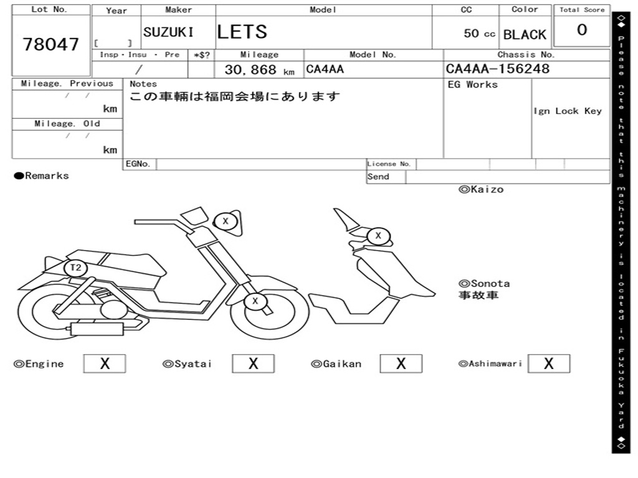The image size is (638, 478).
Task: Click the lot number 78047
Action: (51, 44)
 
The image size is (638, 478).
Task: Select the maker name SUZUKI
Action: (168, 32)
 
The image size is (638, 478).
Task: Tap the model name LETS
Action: (242, 32)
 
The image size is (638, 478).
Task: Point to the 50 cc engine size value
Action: (479, 34)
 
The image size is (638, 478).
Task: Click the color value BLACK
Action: (525, 35)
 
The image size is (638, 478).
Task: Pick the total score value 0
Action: (582, 30)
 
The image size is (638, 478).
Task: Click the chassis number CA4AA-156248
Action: (498, 69)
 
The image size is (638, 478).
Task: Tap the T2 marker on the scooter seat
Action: (75, 268)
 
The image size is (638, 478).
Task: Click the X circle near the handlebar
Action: (226, 221)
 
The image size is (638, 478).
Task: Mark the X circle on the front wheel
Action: (254, 302)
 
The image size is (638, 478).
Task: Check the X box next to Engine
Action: (104, 363)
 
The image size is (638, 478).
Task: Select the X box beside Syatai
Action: (253, 363)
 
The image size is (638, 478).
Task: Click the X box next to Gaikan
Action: (401, 363)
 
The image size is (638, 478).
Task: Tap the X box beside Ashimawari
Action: (548, 363)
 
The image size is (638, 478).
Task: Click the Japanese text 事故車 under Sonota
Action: (478, 295)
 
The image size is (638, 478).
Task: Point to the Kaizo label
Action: (481, 189)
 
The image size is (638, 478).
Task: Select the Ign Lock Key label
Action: (568, 111)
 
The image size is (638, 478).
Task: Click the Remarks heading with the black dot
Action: (42, 176)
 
